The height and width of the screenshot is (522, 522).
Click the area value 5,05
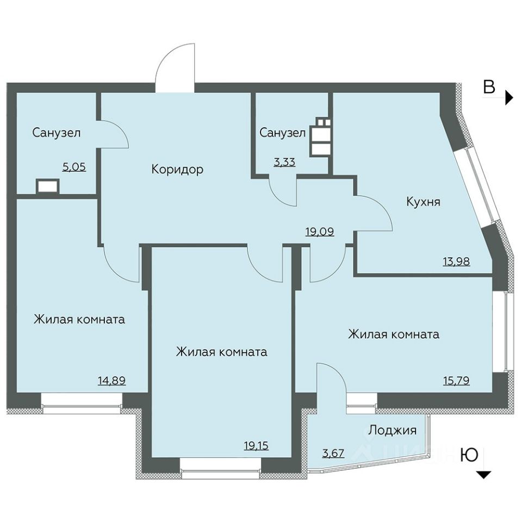point(74,166)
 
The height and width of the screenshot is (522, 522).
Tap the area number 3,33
point(284,162)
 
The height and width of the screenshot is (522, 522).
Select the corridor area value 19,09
point(320,232)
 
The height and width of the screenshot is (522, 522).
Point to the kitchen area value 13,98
point(456,262)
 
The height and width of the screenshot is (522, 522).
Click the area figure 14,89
point(112,380)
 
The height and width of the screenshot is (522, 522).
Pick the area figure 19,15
point(256,445)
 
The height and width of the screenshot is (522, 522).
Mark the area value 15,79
point(456,380)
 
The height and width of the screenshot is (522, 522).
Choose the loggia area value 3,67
point(333,453)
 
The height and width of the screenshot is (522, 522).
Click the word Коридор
point(177,170)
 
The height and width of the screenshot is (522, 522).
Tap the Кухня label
point(424,201)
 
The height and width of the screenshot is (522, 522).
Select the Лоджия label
point(393,430)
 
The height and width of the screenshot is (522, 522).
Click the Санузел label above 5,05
point(57,133)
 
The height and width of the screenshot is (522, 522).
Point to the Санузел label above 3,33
point(283,133)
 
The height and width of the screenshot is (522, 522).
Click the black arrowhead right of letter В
point(509,97)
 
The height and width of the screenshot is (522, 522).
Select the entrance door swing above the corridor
point(175,69)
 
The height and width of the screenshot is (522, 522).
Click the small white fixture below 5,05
point(48,186)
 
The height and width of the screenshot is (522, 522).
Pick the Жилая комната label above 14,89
point(79,320)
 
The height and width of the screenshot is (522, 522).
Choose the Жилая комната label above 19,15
point(221,352)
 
